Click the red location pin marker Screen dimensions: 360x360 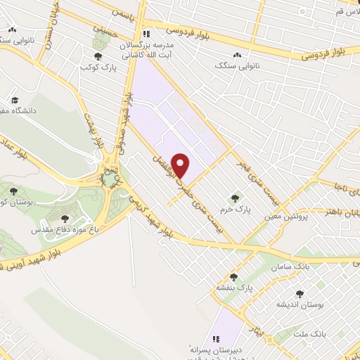[x=181, y=165]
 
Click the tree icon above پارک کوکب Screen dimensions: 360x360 [x=98, y=57]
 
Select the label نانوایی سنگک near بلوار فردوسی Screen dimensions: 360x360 [x=238, y=65]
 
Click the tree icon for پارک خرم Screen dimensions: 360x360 [x=235, y=198]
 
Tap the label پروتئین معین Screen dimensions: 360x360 [x=287, y=217]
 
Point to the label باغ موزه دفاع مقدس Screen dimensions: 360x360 [x=64, y=230]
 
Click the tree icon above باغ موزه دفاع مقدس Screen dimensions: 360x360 [x=65, y=219]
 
